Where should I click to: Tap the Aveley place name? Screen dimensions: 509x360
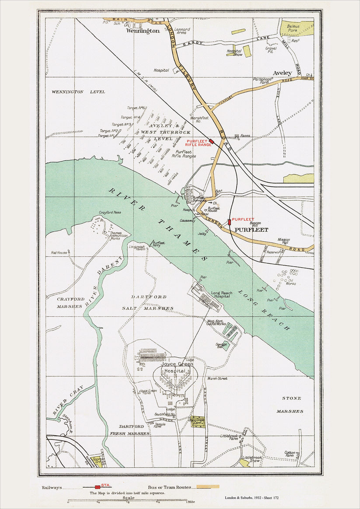282,73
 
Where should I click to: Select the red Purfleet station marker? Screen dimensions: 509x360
229,222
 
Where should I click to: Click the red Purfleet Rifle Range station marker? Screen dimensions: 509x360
211,141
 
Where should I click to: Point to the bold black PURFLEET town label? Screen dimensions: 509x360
251,230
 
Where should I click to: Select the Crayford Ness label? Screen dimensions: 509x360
109,213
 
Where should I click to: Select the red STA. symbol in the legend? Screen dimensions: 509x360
98,487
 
